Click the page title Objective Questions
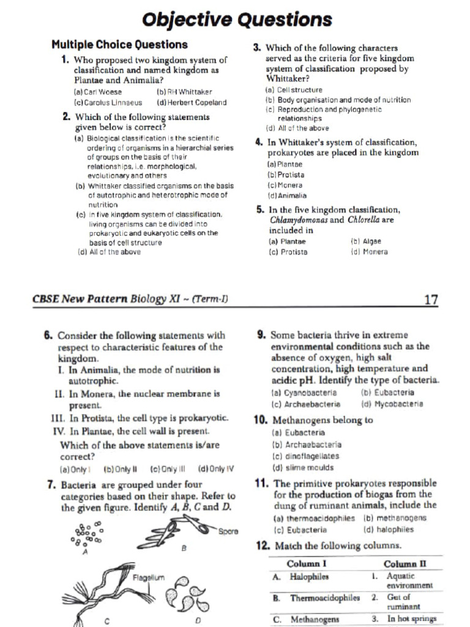tap(236, 20)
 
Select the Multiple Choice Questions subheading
tap(119, 45)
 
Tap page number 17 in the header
tap(431, 299)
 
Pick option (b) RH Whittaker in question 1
tap(184, 91)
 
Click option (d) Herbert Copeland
tap(192, 102)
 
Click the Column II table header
tap(404, 563)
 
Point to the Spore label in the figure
tap(228, 531)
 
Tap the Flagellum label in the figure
tap(149, 577)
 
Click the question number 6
tap(48, 336)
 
